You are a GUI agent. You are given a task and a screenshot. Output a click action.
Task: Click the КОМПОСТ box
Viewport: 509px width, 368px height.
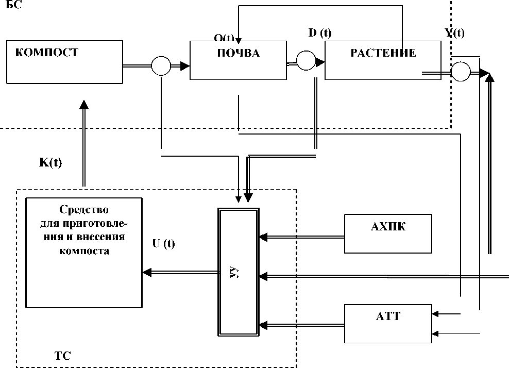[64, 62]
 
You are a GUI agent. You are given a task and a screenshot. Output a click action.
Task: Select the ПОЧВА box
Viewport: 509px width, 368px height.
[238, 60]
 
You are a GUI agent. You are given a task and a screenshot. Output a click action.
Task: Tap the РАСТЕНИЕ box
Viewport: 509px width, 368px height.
[383, 60]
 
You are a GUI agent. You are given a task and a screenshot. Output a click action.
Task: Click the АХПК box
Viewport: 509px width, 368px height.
[388, 234]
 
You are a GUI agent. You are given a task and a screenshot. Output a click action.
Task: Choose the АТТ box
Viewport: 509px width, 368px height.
[388, 324]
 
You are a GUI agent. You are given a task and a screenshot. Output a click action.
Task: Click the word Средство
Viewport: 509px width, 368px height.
[84, 210]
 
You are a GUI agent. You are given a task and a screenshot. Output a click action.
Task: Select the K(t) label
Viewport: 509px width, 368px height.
[50, 162]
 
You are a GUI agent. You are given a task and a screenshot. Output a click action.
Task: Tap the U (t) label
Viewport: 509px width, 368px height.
[164, 244]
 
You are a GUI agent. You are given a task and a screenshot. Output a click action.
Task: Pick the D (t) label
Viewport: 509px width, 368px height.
[319, 34]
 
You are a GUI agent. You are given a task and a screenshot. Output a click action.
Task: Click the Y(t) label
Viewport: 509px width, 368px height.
[454, 34]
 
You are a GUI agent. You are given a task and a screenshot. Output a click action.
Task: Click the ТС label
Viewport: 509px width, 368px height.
[62, 356]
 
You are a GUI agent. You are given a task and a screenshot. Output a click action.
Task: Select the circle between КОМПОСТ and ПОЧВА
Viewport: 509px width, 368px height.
[161, 65]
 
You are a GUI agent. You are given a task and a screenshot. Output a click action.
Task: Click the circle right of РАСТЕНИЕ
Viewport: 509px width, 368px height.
[460, 72]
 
